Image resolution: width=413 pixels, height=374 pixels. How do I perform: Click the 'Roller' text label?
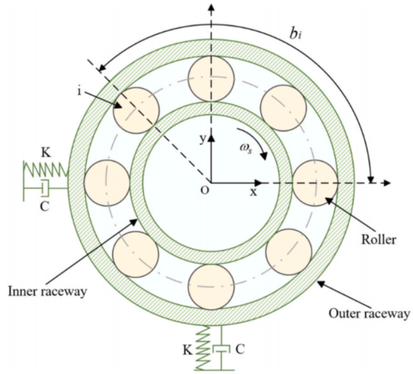[x=378, y=240]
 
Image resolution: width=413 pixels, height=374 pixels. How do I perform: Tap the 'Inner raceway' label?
[x=48, y=292]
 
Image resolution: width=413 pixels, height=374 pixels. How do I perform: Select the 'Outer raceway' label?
[x=369, y=314]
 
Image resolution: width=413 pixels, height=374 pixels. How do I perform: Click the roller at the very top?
[x=211, y=79]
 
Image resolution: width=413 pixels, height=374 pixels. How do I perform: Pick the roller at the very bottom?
[x=212, y=287]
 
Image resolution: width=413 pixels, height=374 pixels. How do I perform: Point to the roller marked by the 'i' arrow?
[x=136, y=110]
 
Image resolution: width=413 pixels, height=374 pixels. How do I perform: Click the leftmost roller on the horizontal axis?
[x=107, y=183]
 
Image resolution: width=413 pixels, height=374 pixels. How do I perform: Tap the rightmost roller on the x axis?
[x=315, y=183]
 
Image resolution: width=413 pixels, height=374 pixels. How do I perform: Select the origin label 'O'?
[x=205, y=190]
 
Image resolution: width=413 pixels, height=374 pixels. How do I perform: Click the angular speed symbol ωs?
[x=245, y=149]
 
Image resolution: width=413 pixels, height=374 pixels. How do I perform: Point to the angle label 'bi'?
[x=295, y=33]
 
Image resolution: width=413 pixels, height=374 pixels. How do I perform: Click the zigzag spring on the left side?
[x=46, y=170]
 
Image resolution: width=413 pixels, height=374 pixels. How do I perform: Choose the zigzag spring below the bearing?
[x=203, y=348]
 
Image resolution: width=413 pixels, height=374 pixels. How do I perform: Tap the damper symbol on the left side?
[x=45, y=188]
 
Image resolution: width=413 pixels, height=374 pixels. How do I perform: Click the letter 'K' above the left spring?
[x=46, y=152]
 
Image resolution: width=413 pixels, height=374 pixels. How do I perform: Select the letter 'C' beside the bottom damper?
[x=240, y=349]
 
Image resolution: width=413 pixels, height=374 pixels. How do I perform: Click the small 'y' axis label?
[x=202, y=139]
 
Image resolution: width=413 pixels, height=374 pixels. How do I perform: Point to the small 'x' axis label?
[x=253, y=193]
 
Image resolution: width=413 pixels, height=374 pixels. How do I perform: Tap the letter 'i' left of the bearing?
[x=79, y=91]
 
